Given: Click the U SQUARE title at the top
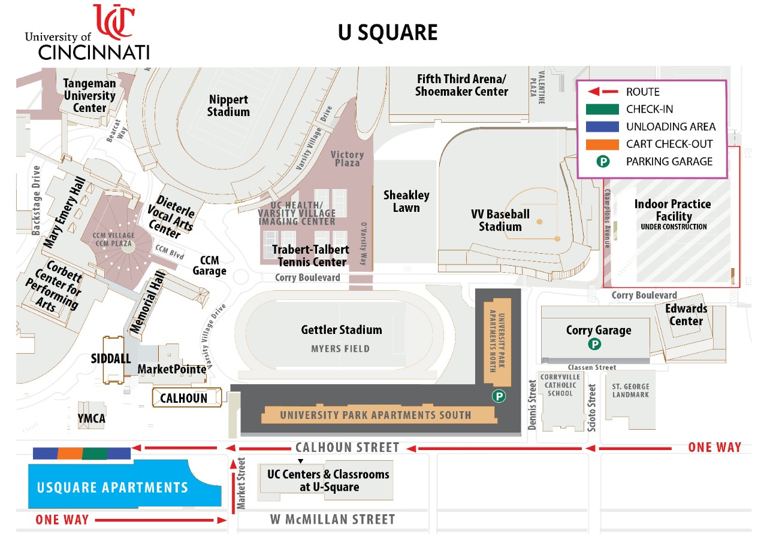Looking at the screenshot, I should coord(388,33).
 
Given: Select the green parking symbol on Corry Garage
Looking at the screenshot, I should coord(594,344).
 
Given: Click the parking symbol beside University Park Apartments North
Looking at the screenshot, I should coord(499,396).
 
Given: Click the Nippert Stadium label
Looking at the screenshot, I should coord(229,105).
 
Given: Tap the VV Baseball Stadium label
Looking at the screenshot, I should coord(500,220).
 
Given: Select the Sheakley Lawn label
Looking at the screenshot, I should coord(406,201).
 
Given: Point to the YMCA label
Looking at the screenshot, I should coord(91,418).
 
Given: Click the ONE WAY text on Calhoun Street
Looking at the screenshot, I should coord(714,447).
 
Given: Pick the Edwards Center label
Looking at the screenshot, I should coord(686,315).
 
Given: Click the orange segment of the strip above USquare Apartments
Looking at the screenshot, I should coord(70,454).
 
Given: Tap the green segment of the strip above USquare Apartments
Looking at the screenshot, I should coord(95,454).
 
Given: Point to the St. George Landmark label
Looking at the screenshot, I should coord(630,390).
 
